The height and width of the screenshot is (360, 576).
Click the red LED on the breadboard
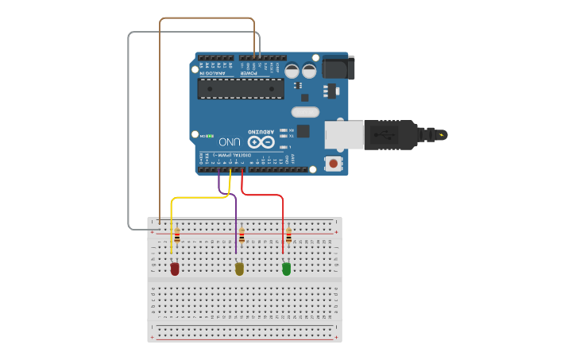175,269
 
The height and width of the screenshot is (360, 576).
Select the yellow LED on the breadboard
239,269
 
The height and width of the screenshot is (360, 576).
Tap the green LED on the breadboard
287,269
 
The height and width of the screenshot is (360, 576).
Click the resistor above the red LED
177,236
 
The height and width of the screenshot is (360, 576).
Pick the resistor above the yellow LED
242,236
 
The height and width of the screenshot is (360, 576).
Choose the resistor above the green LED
288,236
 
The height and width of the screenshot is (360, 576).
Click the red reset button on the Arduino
333,164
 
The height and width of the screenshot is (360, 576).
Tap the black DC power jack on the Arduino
337,68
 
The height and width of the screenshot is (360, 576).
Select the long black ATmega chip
241,88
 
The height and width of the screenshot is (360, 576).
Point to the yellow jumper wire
199,198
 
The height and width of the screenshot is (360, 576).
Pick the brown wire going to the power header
207,18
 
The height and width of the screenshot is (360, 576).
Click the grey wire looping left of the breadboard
129,127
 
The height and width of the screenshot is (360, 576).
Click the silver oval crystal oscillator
305,112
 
